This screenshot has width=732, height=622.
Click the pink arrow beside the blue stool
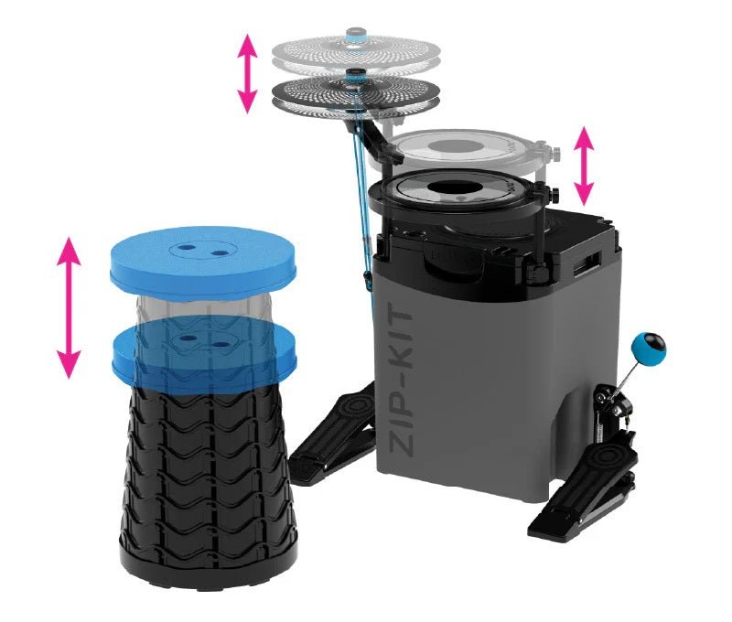point(68,306)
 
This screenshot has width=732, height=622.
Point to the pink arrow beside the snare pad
point(583,165)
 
